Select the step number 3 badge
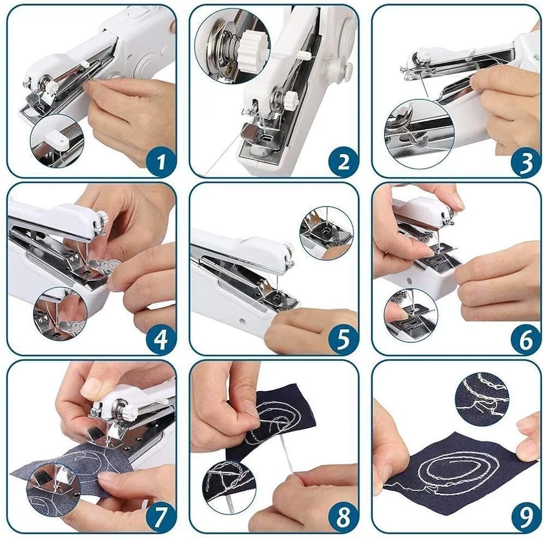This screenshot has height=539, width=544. (x=526, y=162)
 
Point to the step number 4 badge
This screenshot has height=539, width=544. (x=160, y=339)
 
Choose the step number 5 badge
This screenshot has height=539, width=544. (x=343, y=339)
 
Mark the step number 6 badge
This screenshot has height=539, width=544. (x=526, y=339)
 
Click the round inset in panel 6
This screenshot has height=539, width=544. (x=411, y=315)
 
